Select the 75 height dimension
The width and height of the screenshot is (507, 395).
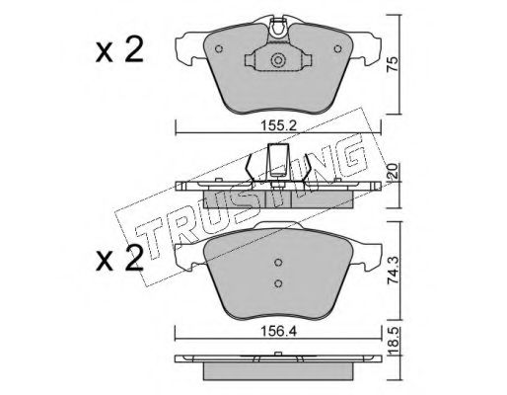pos(392,64)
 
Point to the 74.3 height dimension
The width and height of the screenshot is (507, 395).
pos(393,271)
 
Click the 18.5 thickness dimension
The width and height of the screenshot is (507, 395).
pos(393,342)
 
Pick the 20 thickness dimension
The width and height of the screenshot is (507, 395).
pos(393,171)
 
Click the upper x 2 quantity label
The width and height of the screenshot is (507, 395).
pos(119,49)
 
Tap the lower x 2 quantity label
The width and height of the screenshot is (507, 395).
pos(119,259)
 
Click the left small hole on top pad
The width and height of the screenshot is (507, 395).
pos(219,49)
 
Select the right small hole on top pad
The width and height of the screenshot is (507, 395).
pos(337,49)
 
